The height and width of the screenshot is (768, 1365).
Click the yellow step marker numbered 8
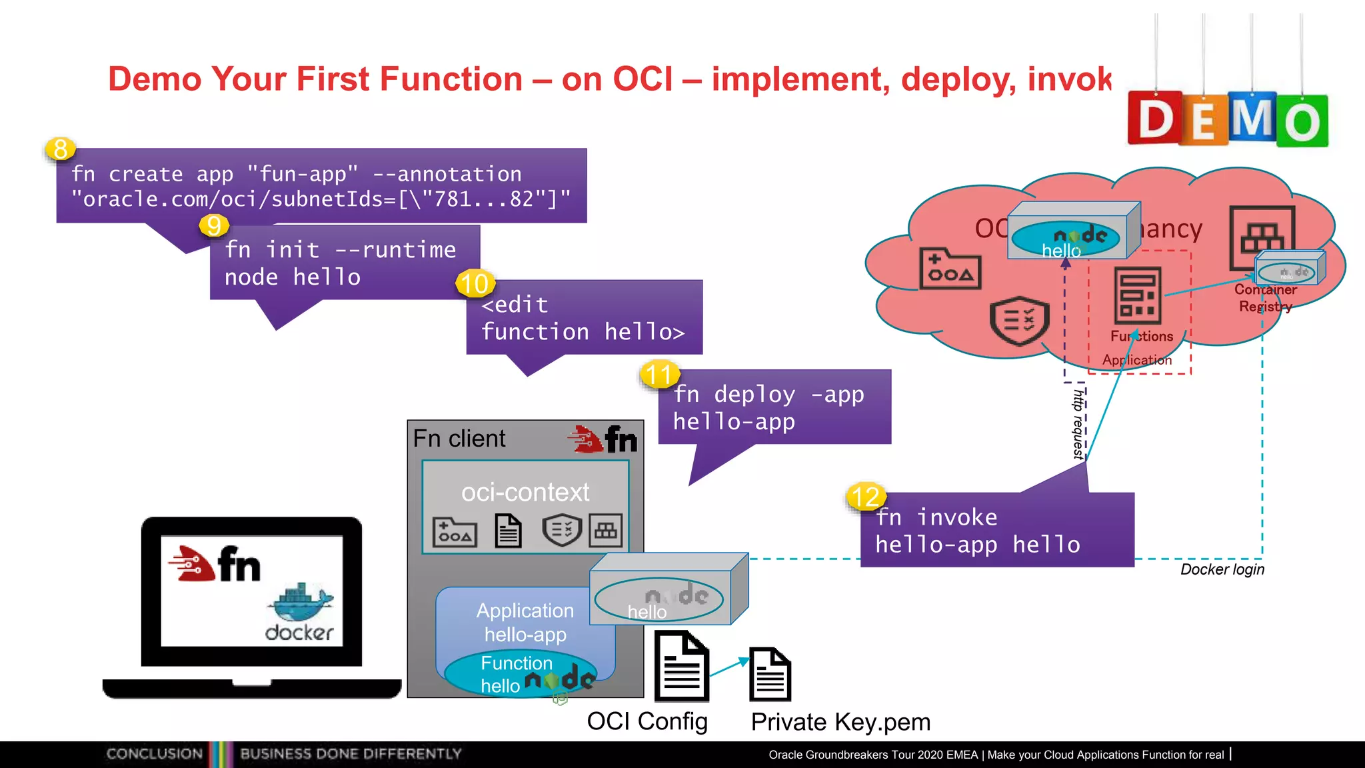coord(60,149)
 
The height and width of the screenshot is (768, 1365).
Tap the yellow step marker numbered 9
coord(213,225)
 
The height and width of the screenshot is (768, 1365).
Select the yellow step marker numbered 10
coord(475,284)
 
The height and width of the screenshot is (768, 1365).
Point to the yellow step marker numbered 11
coord(659,374)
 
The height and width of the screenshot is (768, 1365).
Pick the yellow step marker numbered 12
coord(866,497)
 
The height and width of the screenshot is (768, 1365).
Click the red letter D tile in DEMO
coord(1154,119)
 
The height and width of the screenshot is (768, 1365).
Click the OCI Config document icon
coord(681,667)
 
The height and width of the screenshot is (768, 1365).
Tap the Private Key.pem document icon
coord(770,674)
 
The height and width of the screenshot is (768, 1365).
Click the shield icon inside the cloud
coord(1019,321)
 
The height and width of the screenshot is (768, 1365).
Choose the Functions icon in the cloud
coord(1138,295)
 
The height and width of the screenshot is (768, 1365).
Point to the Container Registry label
coord(1265,298)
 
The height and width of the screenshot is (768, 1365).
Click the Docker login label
coord(1222,569)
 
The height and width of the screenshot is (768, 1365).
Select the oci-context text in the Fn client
coord(525,492)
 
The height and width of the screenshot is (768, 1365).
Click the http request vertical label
coord(1078,424)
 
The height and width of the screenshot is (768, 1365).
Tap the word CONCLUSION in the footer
coord(154,753)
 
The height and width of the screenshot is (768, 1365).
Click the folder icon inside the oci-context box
coord(455,532)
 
